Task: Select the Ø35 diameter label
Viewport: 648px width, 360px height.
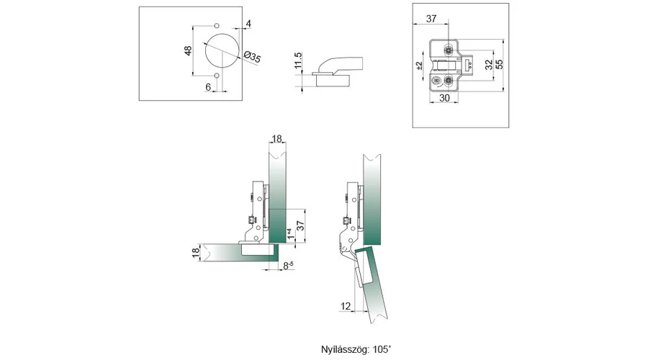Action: [x=252, y=56]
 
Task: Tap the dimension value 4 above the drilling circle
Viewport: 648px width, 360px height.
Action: [x=248, y=24]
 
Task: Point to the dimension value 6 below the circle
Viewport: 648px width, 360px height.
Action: [x=208, y=86]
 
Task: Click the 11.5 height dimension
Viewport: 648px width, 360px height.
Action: [x=299, y=63]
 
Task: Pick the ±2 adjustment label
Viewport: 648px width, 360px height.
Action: [x=419, y=66]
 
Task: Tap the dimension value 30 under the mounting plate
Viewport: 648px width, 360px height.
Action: [x=444, y=98]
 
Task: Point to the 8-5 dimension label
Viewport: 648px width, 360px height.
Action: [x=287, y=266]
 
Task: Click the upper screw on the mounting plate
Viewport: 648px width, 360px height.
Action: [x=448, y=50]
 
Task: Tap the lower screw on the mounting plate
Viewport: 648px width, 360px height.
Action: [x=448, y=79]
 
